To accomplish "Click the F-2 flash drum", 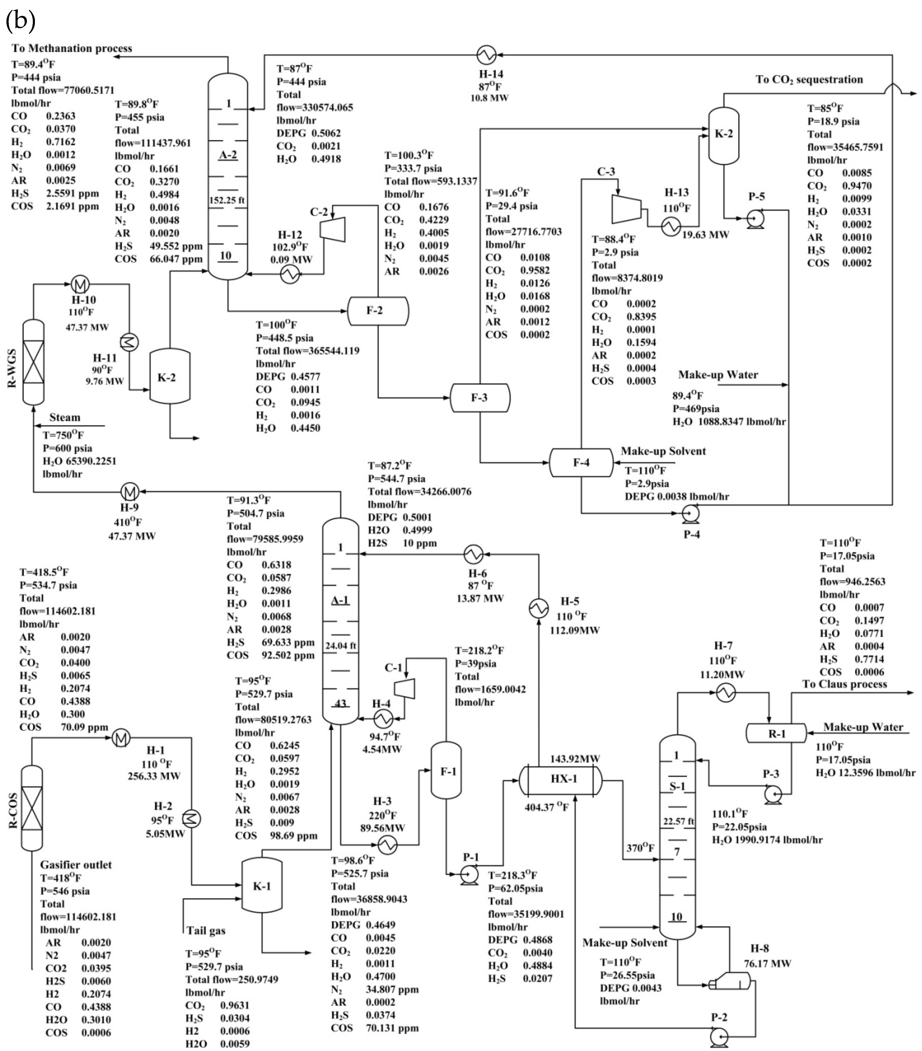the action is [378, 310].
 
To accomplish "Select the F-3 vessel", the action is [480, 398].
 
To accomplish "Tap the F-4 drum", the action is [581, 462].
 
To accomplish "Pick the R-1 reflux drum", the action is [776, 734].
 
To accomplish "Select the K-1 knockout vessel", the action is [262, 885].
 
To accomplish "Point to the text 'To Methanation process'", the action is [72, 48].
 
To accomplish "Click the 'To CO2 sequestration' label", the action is [809, 80].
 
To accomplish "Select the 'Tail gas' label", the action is [206, 931].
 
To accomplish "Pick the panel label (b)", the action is [21, 21].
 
